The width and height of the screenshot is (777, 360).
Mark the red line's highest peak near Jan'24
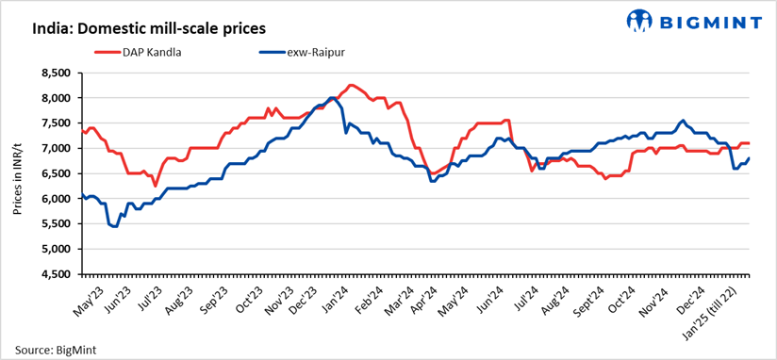pos(351,85)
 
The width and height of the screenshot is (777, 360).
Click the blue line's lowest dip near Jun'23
pos(115,226)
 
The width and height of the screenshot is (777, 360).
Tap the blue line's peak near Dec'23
pos(331,97)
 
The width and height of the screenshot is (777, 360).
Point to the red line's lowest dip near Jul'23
pos(155,186)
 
